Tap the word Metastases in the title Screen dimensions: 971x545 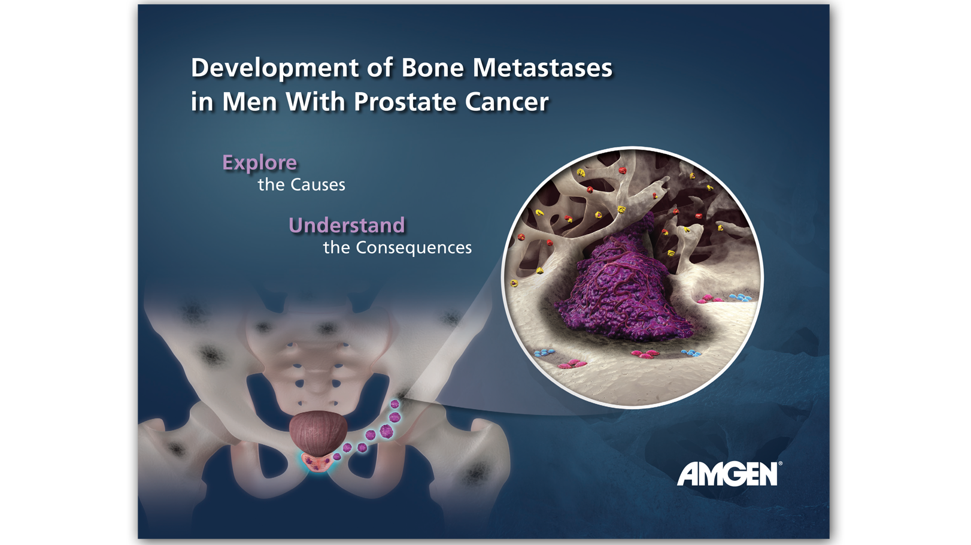[x=542, y=68]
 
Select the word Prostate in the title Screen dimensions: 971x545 [x=405, y=102]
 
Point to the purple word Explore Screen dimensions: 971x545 [x=260, y=163]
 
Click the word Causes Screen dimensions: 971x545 [x=318, y=185]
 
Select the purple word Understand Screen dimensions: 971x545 [x=347, y=225]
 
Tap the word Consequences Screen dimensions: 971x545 [x=414, y=247]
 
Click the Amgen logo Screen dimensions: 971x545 [x=727, y=474]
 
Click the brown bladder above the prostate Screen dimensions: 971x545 [x=318, y=433]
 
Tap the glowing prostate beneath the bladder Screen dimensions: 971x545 [x=318, y=463]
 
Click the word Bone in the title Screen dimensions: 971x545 [x=433, y=68]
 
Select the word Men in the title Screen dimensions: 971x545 [x=250, y=102]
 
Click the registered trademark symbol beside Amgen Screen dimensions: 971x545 [x=780, y=464]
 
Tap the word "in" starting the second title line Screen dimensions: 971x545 [x=202, y=102]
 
